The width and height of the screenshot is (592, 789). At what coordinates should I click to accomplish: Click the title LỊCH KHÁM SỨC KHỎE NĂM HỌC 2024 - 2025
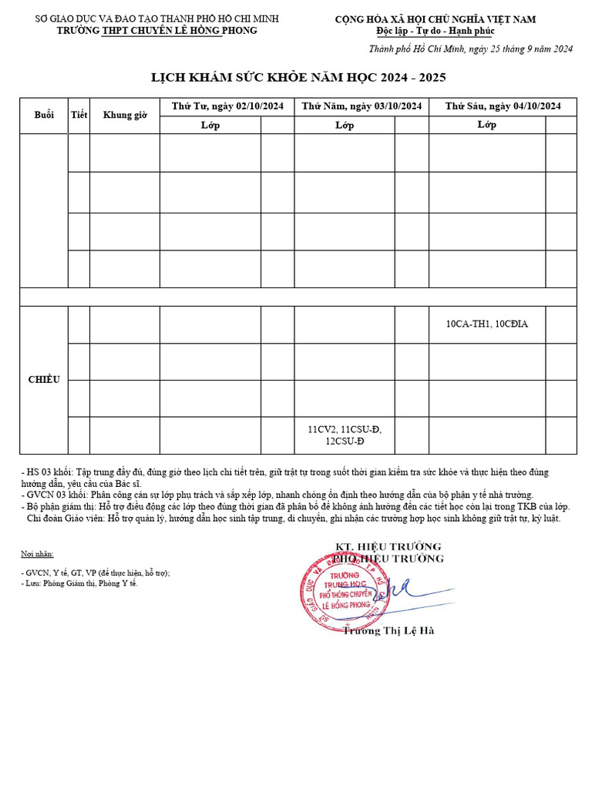(298, 78)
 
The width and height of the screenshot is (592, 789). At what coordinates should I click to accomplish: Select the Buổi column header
(44, 115)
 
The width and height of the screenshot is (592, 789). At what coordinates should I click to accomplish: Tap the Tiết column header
(79, 115)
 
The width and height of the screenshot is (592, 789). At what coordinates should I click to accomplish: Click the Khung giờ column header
(124, 116)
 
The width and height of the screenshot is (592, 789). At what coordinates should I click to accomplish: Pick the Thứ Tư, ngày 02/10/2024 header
(227, 106)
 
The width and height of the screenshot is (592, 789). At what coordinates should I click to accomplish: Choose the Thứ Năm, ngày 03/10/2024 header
(362, 106)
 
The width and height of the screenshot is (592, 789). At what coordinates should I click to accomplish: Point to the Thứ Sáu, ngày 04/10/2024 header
(502, 106)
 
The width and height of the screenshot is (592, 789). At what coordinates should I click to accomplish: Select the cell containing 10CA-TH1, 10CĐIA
(487, 324)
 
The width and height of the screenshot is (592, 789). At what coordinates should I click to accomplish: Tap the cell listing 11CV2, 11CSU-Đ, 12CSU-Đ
(345, 435)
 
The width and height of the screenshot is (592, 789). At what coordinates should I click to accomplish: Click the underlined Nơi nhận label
(37, 554)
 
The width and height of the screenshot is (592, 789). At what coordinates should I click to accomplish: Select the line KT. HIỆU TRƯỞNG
(388, 546)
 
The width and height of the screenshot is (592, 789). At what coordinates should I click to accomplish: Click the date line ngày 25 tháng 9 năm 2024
(471, 49)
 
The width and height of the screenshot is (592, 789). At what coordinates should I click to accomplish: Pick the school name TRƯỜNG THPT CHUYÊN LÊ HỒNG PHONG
(157, 30)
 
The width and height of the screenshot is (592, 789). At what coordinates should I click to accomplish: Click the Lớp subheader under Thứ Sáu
(486, 125)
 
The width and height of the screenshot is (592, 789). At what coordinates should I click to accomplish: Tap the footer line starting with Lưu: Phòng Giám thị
(81, 583)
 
